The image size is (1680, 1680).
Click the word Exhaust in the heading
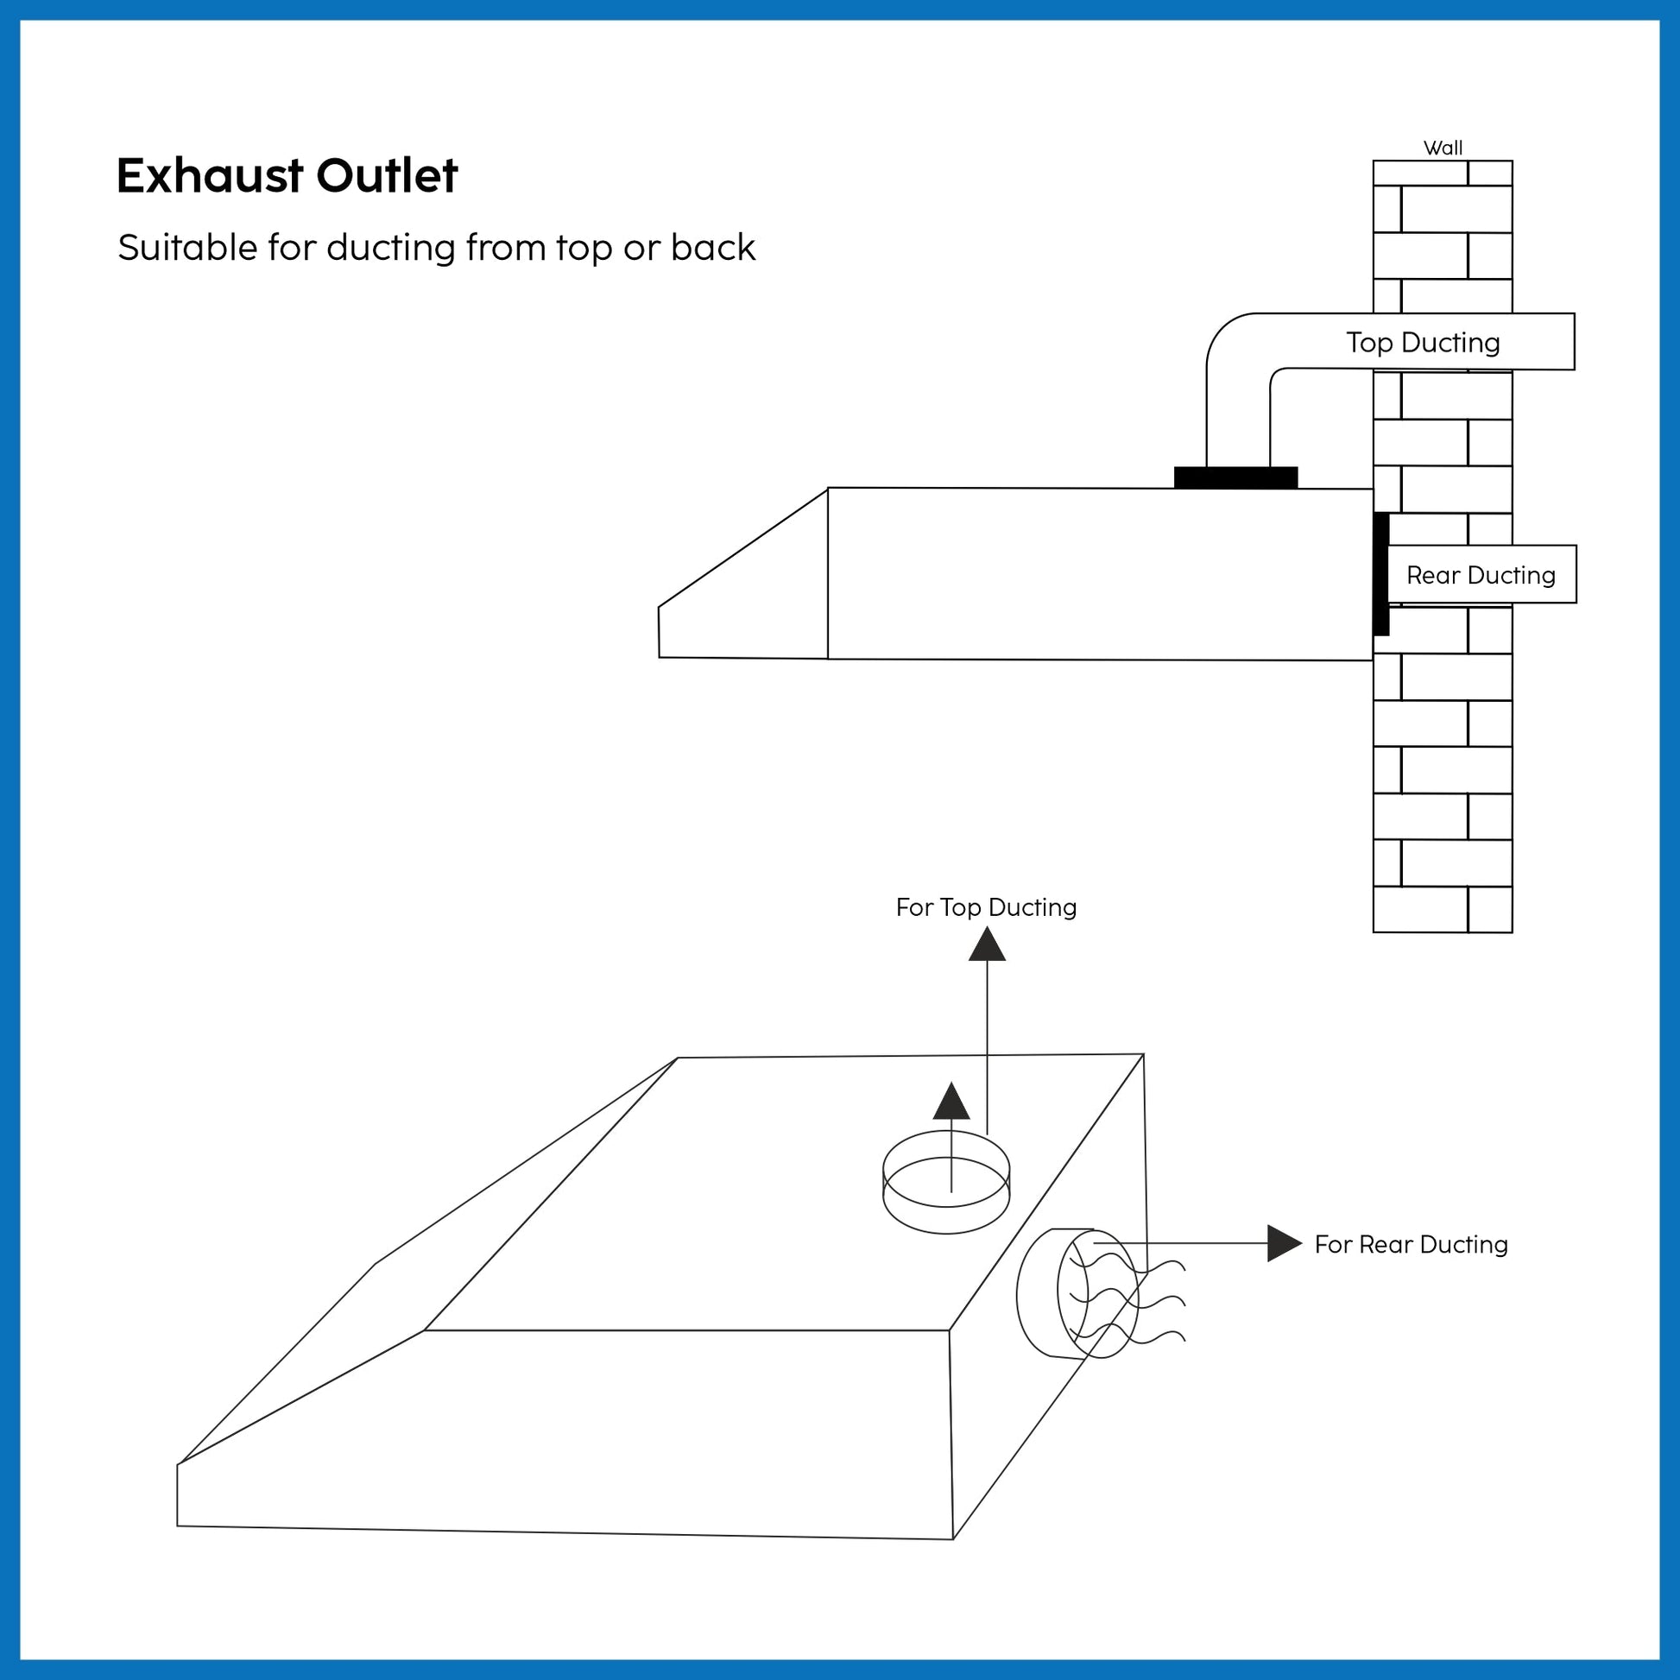pyautogui.click(x=210, y=175)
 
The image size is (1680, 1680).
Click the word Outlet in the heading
pyautogui.click(x=386, y=175)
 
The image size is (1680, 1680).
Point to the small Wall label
pyautogui.click(x=1443, y=148)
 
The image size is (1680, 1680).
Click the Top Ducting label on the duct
pyautogui.click(x=1423, y=343)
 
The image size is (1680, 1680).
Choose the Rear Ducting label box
pyautogui.click(x=1481, y=575)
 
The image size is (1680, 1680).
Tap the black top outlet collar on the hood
pyautogui.click(x=1235, y=477)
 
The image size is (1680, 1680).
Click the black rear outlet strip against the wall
pyautogui.click(x=1381, y=574)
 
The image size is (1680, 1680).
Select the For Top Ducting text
pyautogui.click(x=986, y=908)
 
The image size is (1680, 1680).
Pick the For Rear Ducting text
pyautogui.click(x=1411, y=1245)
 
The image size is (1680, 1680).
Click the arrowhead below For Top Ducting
pyautogui.click(x=987, y=946)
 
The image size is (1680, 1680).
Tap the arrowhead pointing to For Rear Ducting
pyautogui.click(x=1284, y=1243)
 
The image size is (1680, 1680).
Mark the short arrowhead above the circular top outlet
pyautogui.click(x=951, y=1102)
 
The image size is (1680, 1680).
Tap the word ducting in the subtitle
pyautogui.click(x=390, y=248)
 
